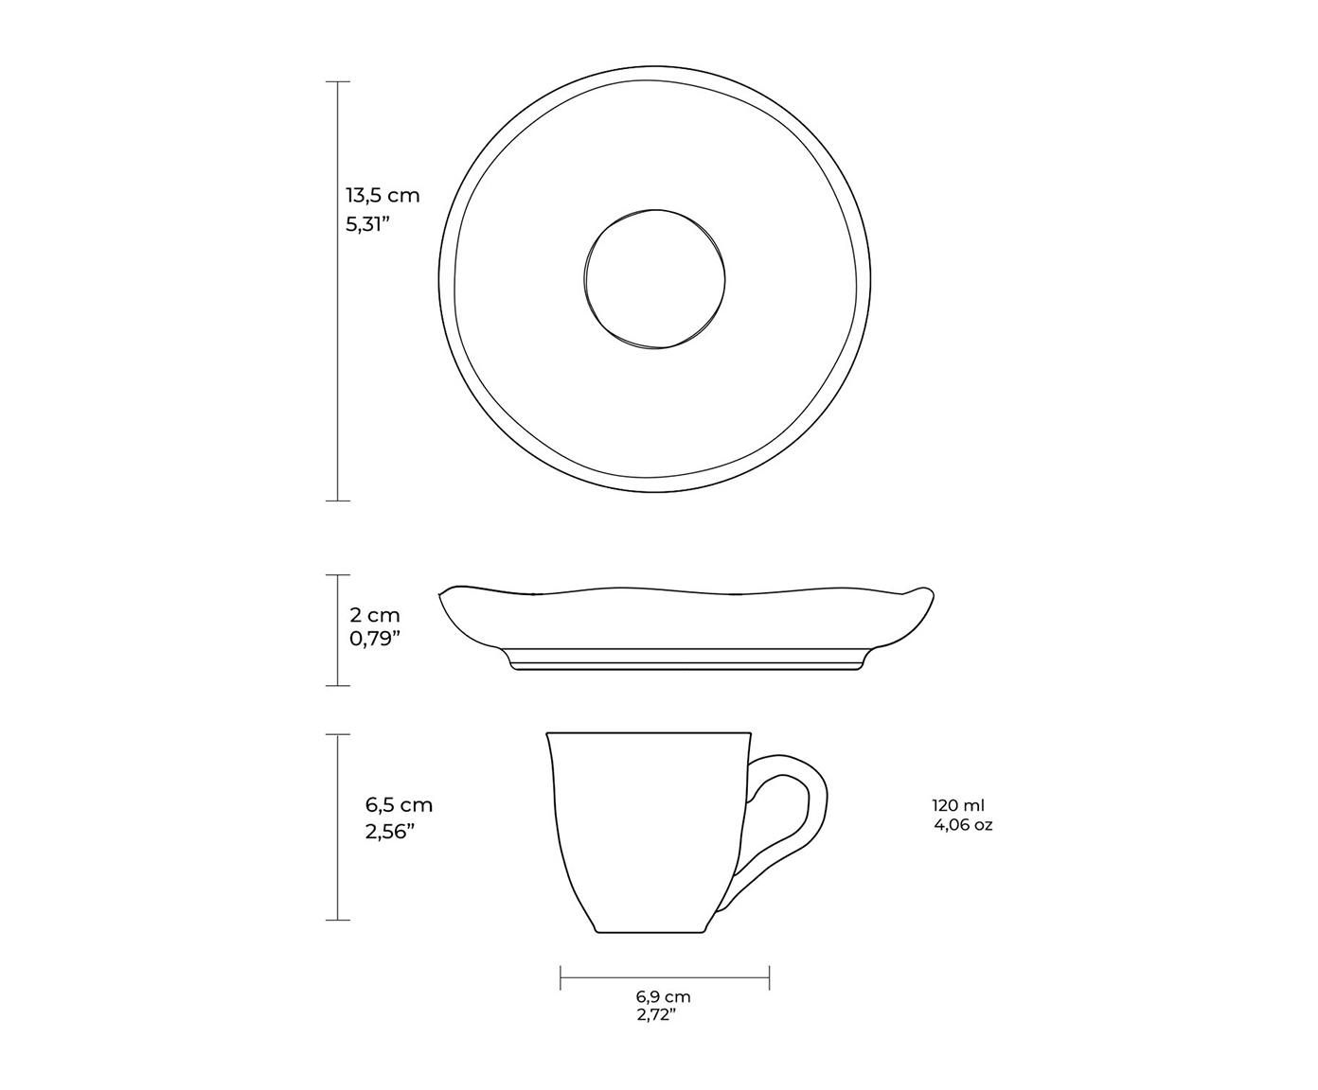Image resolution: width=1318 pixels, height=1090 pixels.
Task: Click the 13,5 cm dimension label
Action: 383,196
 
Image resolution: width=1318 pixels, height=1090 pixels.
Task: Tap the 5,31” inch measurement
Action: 365,224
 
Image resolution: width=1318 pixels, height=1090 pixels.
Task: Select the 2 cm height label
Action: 375,614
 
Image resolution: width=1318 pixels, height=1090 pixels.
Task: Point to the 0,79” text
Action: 375,639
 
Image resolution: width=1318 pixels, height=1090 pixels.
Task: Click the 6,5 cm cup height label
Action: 399,805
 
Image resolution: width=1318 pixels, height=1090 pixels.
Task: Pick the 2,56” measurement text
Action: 389,832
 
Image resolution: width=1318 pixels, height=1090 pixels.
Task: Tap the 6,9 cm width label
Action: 663,997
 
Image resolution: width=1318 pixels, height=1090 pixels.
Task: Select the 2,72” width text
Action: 656,1015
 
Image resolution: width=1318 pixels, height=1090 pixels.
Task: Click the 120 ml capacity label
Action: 958,805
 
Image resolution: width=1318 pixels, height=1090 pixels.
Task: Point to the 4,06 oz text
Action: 963,824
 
